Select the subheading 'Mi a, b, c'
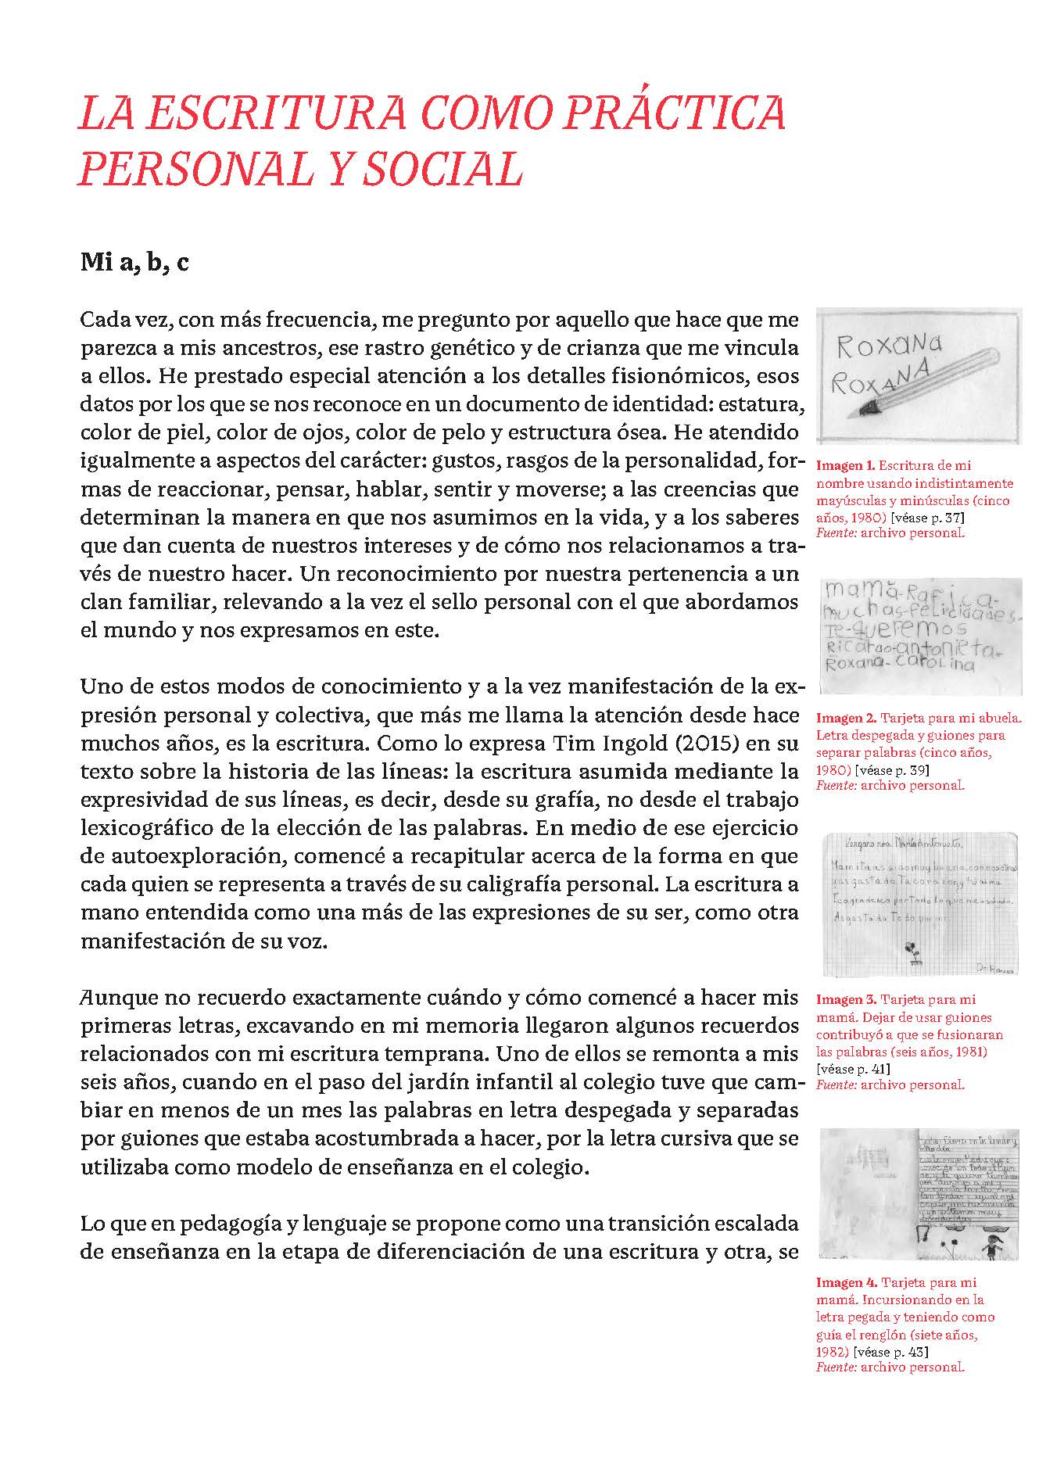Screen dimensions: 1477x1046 pos(134,263)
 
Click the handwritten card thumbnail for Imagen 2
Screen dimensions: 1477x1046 pos(919,636)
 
